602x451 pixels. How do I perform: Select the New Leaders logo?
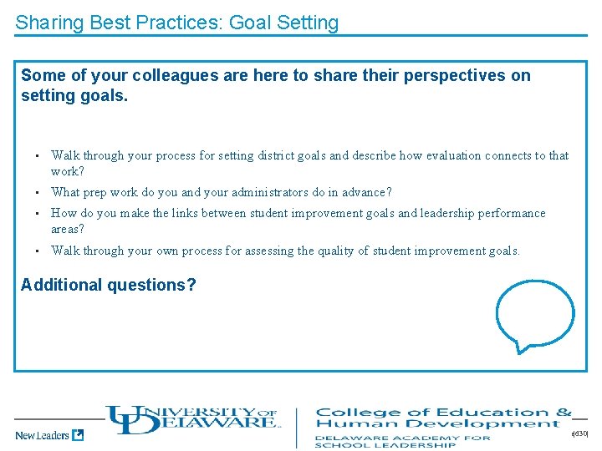[x=48, y=434]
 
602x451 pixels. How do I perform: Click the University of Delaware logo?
[x=191, y=419]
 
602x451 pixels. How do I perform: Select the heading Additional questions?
[x=109, y=285]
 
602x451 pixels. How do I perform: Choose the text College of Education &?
[x=443, y=412]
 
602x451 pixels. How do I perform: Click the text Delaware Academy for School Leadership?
[x=402, y=441]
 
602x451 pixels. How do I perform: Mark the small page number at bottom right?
[x=580, y=434]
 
